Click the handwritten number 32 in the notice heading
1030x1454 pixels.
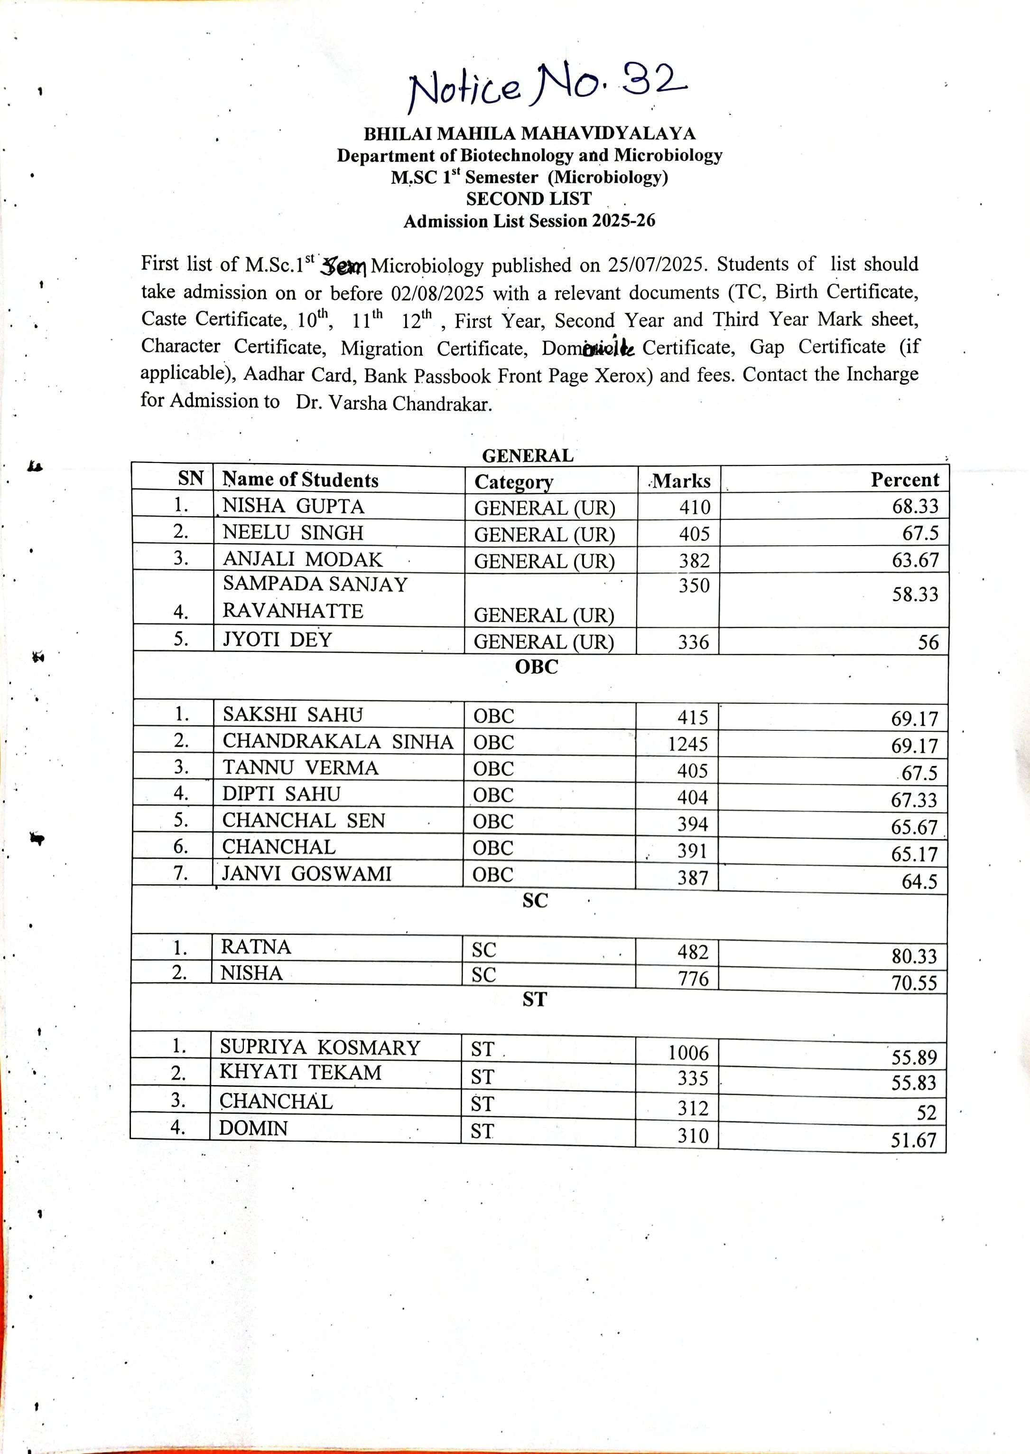click(653, 81)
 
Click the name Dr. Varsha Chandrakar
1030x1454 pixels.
click(393, 404)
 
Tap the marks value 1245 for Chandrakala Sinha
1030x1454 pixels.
click(687, 744)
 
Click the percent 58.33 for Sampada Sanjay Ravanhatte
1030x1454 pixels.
click(915, 595)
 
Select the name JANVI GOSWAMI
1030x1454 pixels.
click(306, 874)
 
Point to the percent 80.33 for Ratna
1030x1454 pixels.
click(914, 956)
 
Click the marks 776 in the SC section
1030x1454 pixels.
click(693, 979)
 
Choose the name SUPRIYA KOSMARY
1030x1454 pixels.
click(320, 1047)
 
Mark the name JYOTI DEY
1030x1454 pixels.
click(277, 639)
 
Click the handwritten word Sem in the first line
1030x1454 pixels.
click(343, 266)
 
